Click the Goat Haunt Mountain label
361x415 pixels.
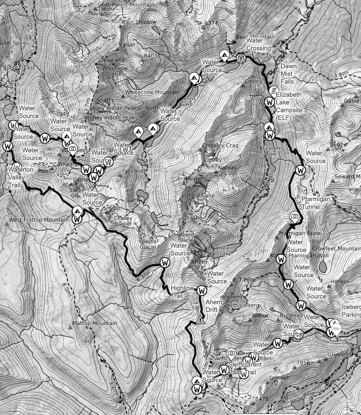(x=126, y=4)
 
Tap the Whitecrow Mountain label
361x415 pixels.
(x=152, y=92)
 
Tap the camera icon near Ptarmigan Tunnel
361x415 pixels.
(x=294, y=216)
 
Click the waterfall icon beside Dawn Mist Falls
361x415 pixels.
(x=273, y=90)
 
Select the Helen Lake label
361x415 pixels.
(x=225, y=251)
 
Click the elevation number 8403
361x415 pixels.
(x=151, y=56)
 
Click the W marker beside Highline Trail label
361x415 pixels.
(x=202, y=291)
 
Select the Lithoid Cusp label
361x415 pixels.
(x=198, y=195)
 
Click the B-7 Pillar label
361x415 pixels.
(x=245, y=280)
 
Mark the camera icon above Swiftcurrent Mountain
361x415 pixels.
(x=231, y=353)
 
